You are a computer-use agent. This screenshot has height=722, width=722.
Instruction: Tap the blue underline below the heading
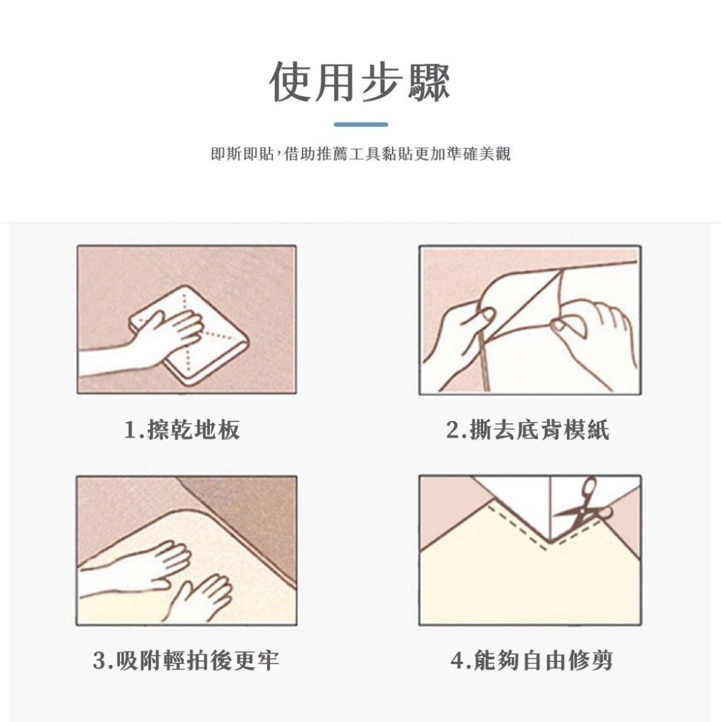tap(361, 124)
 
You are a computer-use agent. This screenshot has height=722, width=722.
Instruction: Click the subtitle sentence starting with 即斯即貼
tap(360, 154)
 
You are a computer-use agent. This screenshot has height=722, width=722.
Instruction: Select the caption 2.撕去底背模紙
tap(528, 431)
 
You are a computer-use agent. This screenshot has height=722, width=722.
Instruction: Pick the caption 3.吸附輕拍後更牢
tap(186, 660)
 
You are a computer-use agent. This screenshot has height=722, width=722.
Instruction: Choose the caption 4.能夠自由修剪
tap(531, 660)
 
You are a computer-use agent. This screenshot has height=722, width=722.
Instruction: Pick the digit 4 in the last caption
tap(456, 660)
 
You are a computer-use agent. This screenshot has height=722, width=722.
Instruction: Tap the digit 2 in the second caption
tap(453, 431)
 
